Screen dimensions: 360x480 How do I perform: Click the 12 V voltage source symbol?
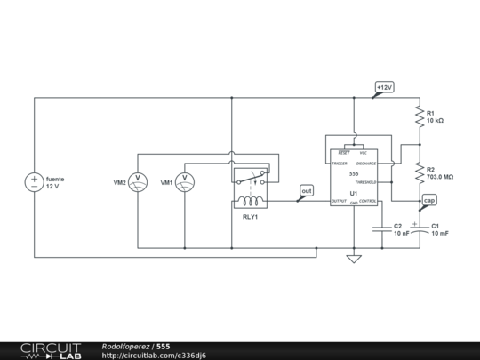[35, 182]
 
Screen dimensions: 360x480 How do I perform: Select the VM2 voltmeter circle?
[138, 182]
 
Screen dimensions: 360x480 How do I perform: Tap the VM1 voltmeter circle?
[185, 182]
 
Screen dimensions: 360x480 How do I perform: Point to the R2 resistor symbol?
[419, 172]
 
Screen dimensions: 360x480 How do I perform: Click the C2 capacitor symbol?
[382, 228]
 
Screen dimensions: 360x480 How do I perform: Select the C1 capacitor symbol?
[419, 228]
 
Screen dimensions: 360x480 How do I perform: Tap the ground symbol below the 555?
[354, 260]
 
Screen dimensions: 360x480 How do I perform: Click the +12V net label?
[384, 87]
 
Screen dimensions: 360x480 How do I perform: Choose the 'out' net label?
[307, 190]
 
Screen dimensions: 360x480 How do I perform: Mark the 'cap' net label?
[429, 201]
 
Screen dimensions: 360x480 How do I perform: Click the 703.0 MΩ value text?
[440, 177]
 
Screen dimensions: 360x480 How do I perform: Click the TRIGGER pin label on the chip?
[338, 164]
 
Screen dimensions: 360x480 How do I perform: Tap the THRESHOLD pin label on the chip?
[365, 181]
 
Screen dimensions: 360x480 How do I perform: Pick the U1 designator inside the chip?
[354, 193]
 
